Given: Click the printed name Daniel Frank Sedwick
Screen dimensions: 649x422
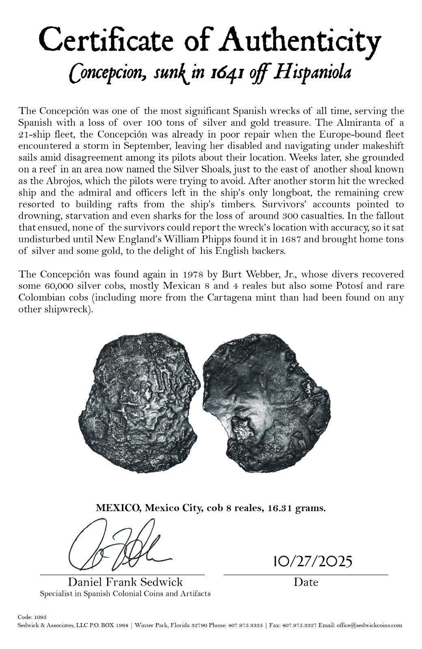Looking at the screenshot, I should point(125,582).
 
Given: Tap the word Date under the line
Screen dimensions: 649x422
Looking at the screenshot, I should point(306,582).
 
